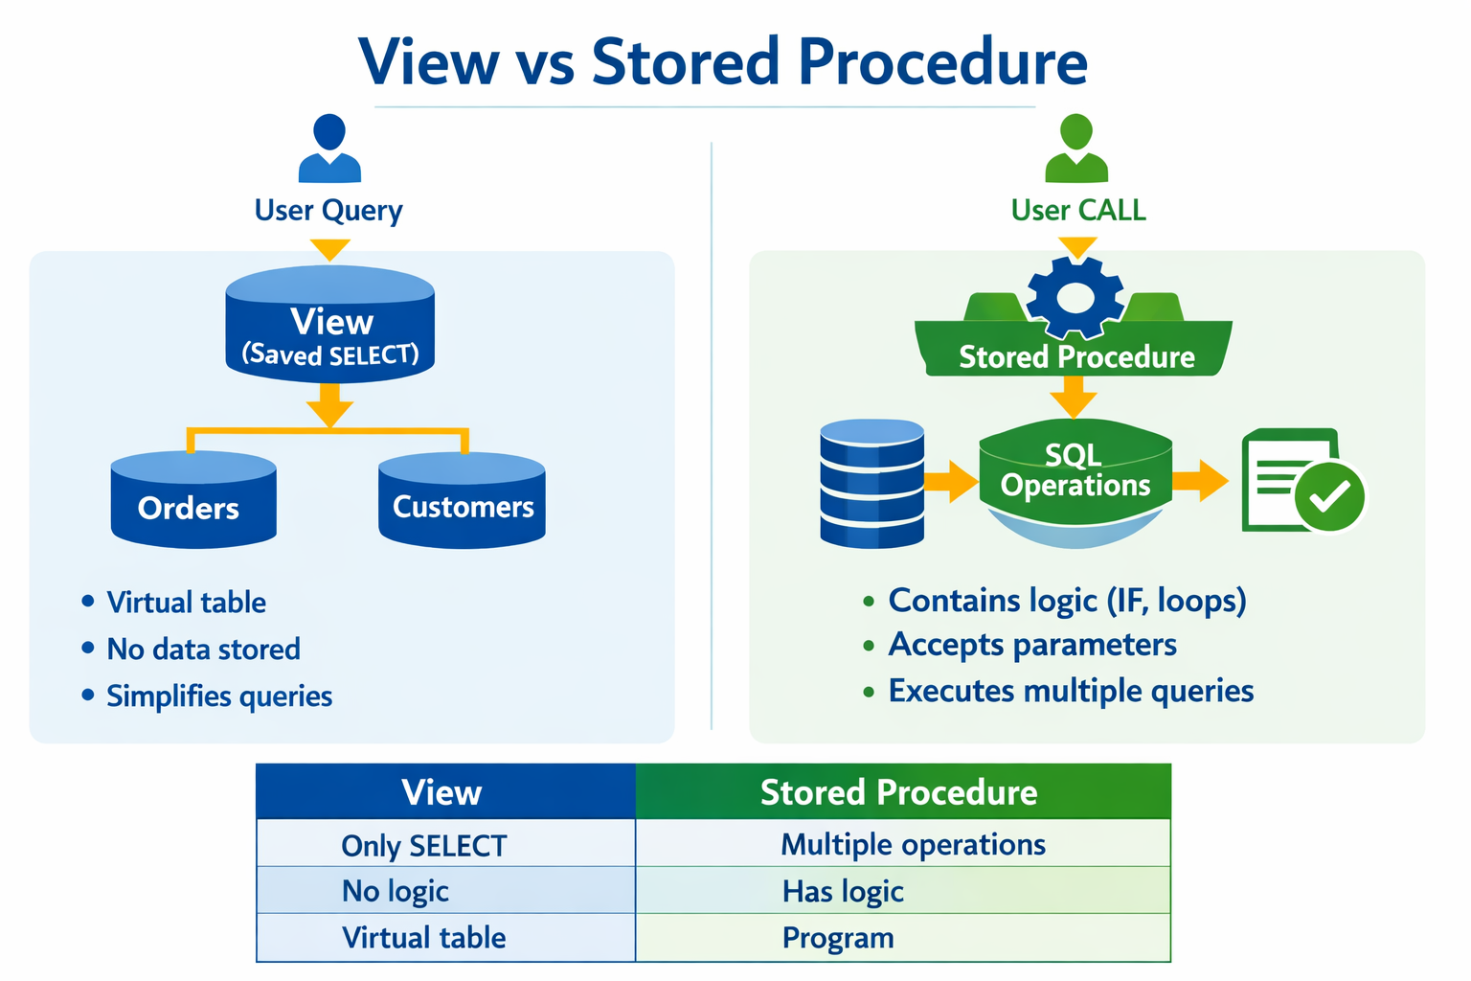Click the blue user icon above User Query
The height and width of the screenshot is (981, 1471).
329,148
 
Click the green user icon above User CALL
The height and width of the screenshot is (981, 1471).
1076,148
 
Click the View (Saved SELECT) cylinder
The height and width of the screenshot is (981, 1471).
330,326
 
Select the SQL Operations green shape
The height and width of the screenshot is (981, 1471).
1075,471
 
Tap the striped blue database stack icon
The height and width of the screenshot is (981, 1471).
872,483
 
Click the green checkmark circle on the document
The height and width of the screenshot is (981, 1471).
1329,495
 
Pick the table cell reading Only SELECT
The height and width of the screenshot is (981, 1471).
424,845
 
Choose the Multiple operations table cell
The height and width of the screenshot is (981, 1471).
913,844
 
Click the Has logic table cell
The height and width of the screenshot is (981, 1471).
843,891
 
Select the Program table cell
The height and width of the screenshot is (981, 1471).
838,937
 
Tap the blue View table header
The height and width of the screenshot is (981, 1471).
442,792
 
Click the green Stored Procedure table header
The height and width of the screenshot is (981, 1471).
899,792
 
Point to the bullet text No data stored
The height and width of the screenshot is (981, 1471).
203,649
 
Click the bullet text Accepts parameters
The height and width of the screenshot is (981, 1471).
1032,644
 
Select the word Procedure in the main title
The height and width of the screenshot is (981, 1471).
942,62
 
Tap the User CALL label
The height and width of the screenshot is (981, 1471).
1078,210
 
